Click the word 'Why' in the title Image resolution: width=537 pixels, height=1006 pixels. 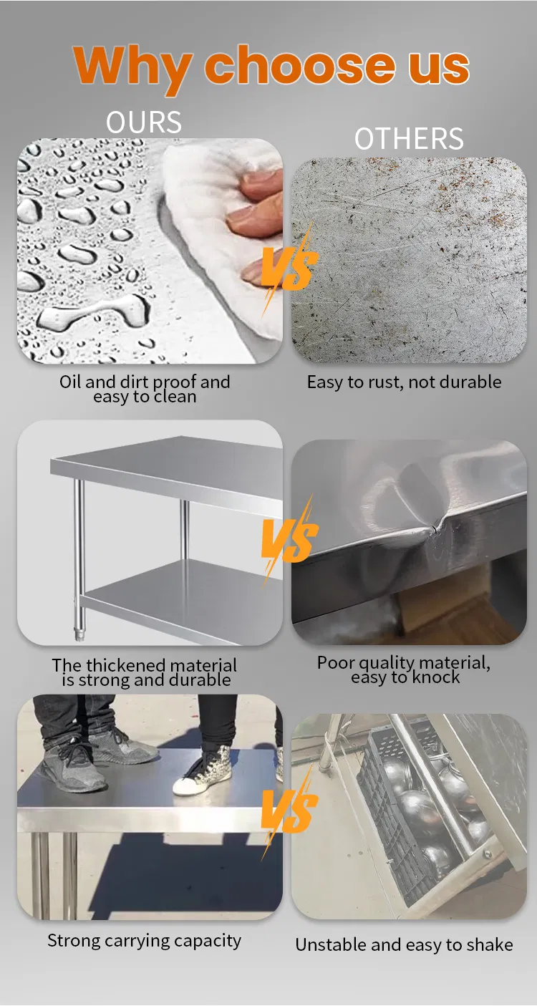(x=132, y=68)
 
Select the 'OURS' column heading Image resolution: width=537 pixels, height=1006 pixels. (x=144, y=122)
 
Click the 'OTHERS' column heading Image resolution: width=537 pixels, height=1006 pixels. (x=409, y=138)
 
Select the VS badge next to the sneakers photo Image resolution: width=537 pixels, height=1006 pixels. (x=289, y=811)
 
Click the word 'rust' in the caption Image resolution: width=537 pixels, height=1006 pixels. (x=382, y=382)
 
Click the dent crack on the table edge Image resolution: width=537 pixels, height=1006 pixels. (x=434, y=530)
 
